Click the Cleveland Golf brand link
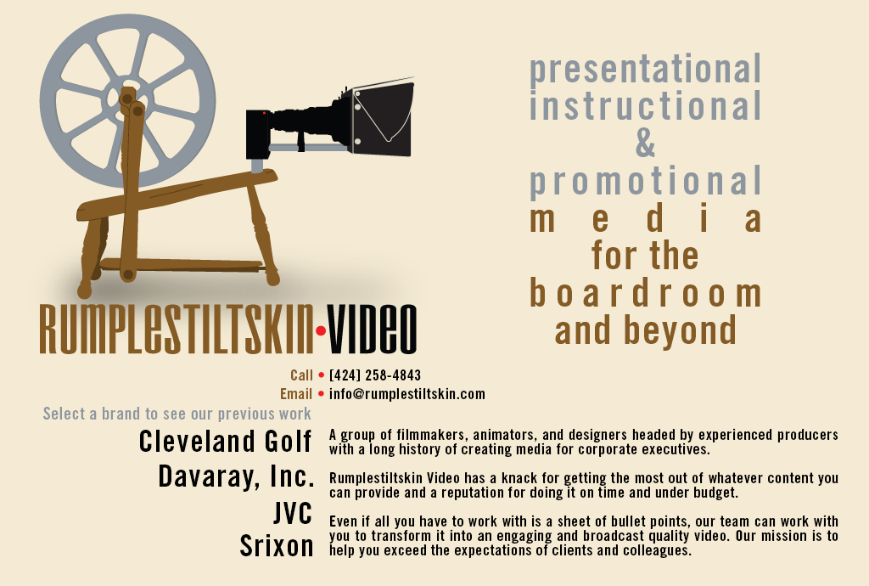click(x=225, y=442)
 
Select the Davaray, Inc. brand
click(x=236, y=476)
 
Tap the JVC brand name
click(x=293, y=512)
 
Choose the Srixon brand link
click(x=277, y=546)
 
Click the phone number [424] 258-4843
click(x=375, y=375)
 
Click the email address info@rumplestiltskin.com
click(x=407, y=394)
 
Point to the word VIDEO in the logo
click(x=372, y=330)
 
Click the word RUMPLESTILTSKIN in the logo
click(x=177, y=330)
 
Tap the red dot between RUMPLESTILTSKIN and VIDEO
click(x=320, y=331)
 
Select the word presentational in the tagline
click(x=646, y=69)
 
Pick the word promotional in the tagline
click(x=646, y=181)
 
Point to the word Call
click(x=301, y=375)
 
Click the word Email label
click(x=296, y=394)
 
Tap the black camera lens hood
click(x=383, y=118)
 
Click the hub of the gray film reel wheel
click(x=127, y=101)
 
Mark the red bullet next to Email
click(x=321, y=394)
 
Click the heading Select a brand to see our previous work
click(x=177, y=414)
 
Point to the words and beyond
click(x=646, y=330)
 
